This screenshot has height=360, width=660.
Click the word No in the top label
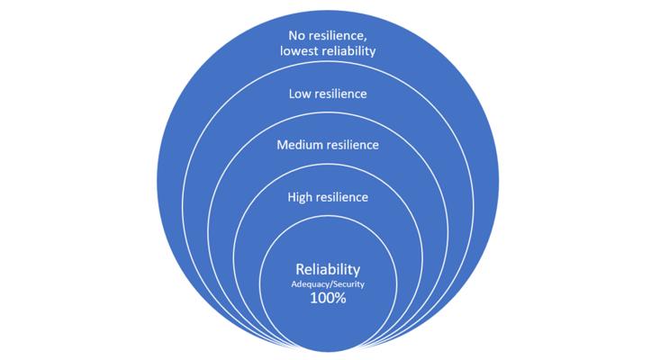tap(296, 35)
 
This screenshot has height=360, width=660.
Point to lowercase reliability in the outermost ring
tap(349, 51)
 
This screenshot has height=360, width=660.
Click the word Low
tap(299, 94)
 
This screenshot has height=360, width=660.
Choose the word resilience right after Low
tap(339, 94)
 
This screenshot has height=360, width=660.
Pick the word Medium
tap(296, 145)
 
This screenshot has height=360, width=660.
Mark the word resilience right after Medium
tap(349, 145)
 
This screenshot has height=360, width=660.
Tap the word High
tap(299, 197)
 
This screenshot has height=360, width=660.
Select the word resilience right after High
tap(341, 197)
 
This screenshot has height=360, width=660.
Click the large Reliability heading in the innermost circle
tap(328, 269)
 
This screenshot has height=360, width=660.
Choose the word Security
tap(348, 284)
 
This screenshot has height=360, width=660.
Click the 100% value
tap(328, 298)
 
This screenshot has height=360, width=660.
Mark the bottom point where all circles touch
tap(328, 351)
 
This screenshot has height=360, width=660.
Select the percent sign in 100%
tap(340, 298)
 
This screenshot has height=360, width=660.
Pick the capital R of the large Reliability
tap(300, 269)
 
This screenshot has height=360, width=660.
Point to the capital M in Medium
tap(282, 145)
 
